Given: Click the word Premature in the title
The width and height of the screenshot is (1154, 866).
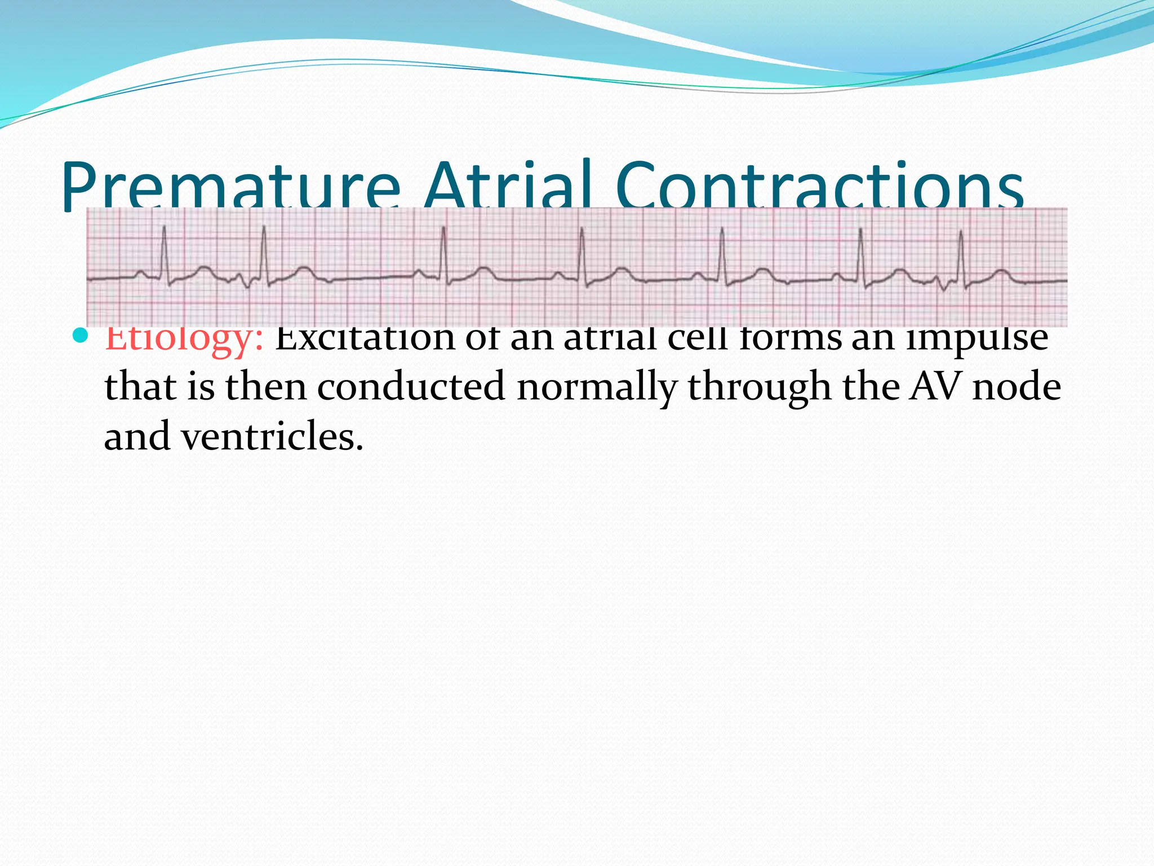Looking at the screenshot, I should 231,186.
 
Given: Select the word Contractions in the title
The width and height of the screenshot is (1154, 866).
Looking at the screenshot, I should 820,186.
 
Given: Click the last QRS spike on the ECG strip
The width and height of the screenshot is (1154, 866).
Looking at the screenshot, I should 961,254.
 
